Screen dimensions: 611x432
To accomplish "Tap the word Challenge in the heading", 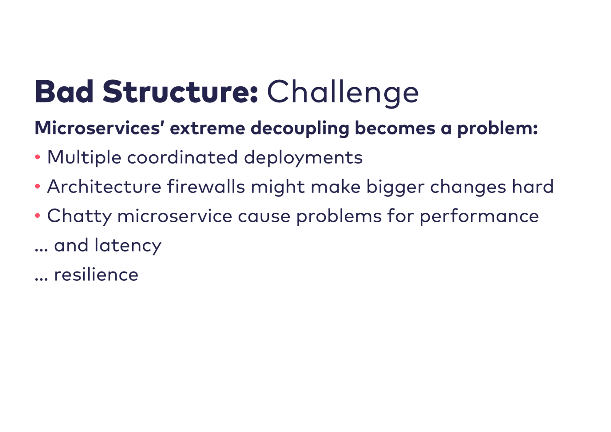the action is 343,93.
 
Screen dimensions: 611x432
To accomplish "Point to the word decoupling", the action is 300,129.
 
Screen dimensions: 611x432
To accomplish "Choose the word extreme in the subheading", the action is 208,128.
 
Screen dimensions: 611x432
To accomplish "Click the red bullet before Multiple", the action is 38,157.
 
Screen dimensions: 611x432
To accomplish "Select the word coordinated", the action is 183,157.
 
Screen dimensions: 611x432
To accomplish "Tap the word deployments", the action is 303,158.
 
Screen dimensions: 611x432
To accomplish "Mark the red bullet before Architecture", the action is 38,186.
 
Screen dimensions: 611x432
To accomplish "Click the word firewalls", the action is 206,186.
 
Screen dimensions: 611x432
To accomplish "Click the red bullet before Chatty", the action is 38,215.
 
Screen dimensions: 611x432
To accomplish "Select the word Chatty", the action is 79,217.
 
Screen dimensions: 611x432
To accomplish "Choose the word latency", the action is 128,246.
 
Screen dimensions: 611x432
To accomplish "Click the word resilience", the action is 96,274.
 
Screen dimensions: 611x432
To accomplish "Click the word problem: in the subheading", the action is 498,129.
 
